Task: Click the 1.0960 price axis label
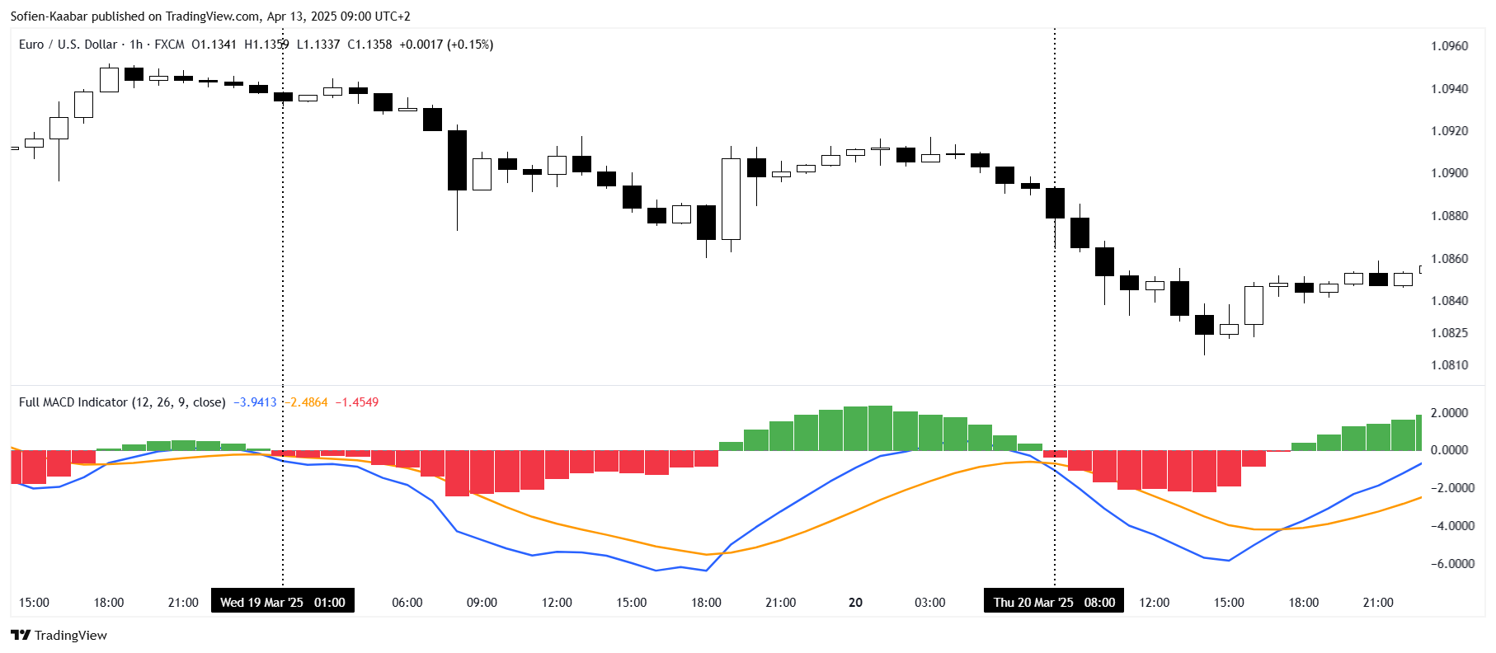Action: coord(1449,46)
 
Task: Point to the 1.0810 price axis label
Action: coord(1449,365)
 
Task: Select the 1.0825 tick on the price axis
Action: coord(1449,333)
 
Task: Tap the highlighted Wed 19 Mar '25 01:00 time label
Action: coord(283,602)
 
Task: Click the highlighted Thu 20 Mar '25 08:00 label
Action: coord(1054,602)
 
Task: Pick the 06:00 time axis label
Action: coord(407,603)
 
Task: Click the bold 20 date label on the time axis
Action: coord(855,603)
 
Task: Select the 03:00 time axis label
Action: coord(929,603)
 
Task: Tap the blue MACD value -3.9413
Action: coord(255,402)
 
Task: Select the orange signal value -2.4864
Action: coord(307,402)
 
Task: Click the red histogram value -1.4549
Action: coord(357,402)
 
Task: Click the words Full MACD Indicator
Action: coord(73,402)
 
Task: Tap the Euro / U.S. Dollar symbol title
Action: coord(68,45)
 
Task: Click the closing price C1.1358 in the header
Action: coord(369,45)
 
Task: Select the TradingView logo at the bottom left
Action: coord(59,635)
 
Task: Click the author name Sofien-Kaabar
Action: coord(49,16)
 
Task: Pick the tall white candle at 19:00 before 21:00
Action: coord(731,199)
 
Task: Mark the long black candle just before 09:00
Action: coord(457,160)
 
